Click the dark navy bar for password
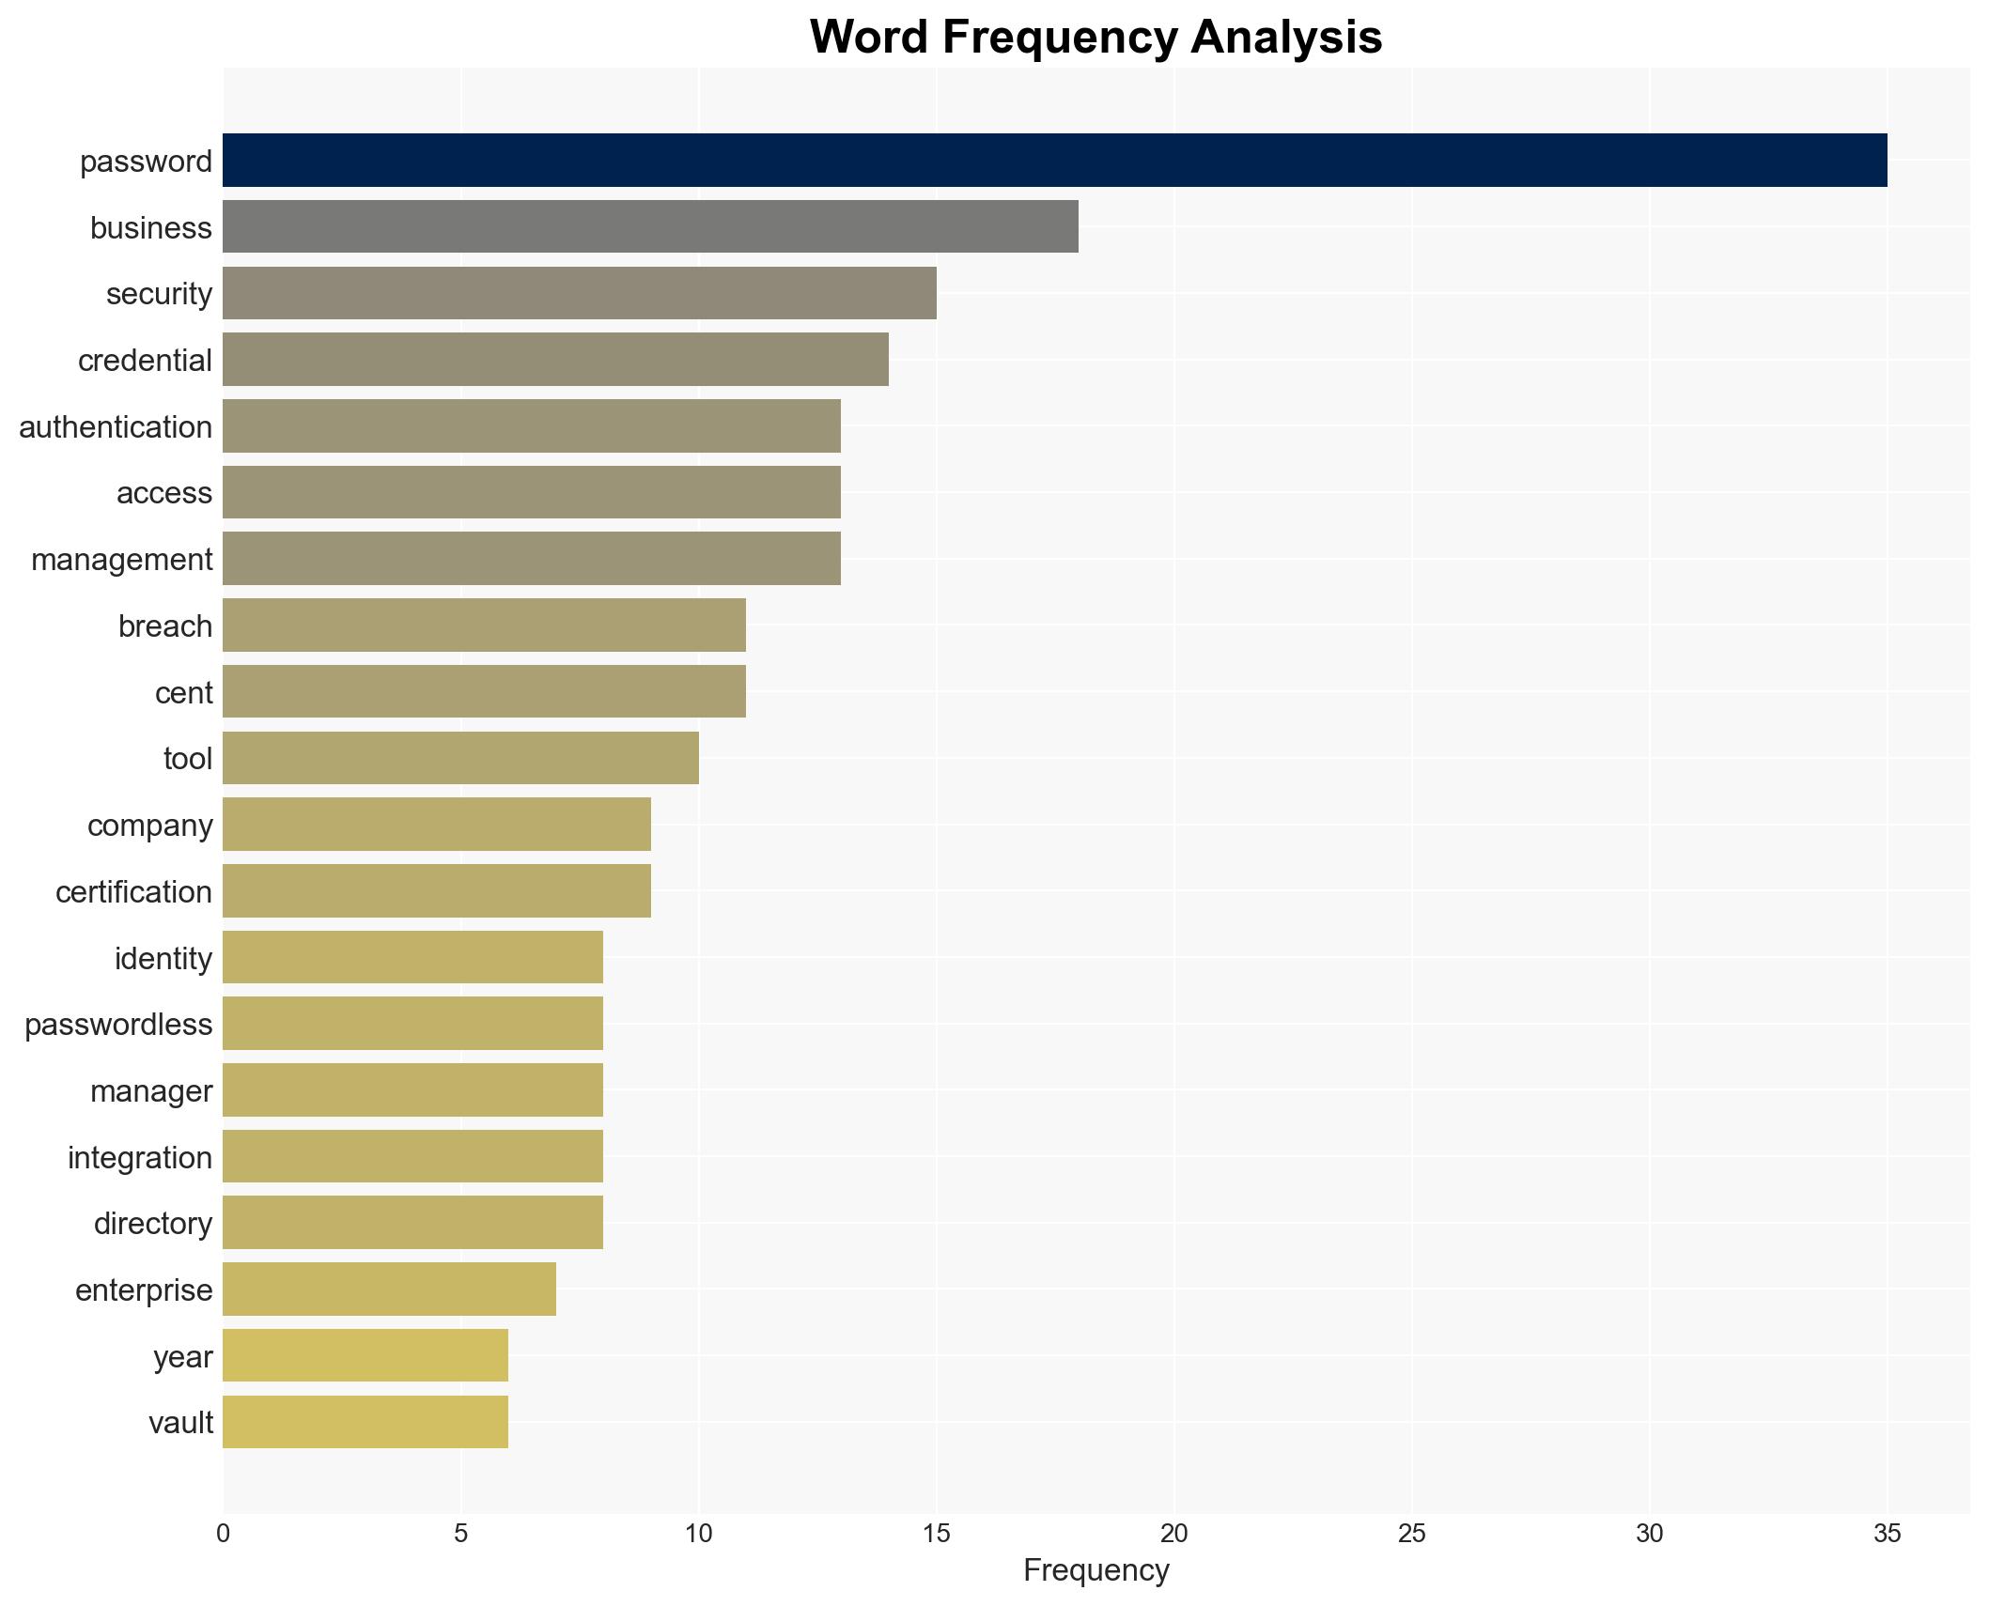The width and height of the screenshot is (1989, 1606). point(1054,161)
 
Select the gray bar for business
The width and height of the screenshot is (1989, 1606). point(650,226)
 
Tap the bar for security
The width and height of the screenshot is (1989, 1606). point(579,293)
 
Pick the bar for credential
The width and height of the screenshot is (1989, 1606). point(555,360)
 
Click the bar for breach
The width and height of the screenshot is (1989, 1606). point(484,625)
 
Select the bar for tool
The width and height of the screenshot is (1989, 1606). point(460,758)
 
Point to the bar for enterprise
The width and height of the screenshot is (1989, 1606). point(389,1289)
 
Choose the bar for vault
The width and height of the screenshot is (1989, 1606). point(365,1422)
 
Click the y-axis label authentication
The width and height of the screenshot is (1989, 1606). point(116,427)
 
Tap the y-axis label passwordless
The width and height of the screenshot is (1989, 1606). point(118,1024)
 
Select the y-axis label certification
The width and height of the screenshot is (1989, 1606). point(133,891)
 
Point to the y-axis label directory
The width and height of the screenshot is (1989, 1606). point(152,1223)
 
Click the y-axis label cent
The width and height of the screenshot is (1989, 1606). point(183,692)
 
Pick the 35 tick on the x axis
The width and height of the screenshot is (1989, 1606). point(1887,1534)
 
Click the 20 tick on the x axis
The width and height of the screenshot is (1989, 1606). point(1173,1534)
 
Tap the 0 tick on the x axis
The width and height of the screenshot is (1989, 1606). point(223,1534)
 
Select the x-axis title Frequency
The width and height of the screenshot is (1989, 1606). point(1096,1570)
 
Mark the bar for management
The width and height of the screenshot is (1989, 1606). point(531,559)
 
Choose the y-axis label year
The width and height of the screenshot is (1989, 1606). point(182,1356)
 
